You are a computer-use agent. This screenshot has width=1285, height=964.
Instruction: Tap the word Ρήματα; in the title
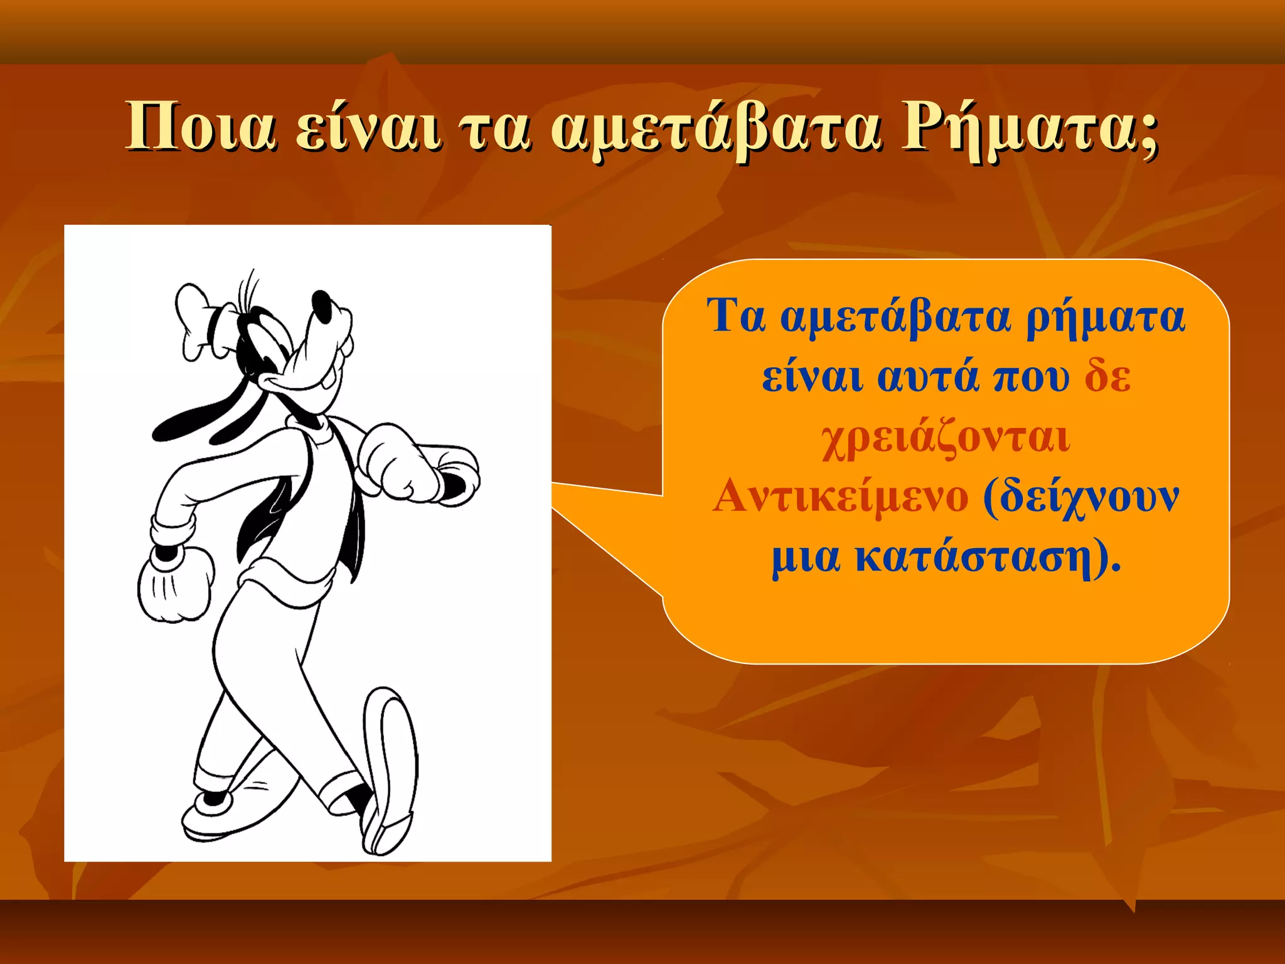[1029, 129]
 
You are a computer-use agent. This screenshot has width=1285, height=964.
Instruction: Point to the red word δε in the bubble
[1107, 377]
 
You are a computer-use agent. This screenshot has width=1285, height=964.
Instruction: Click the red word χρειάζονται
[946, 437]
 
